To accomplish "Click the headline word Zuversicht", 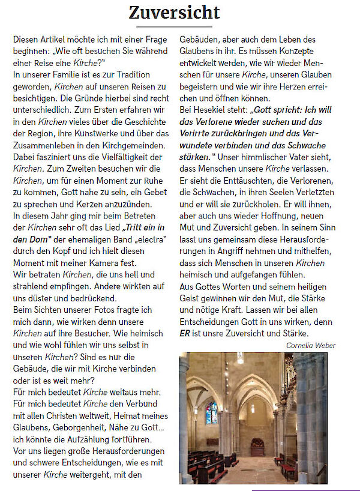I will tap(175, 11).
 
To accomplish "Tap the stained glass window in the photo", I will tap(211, 413).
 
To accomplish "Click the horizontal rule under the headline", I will tap(174, 27).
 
